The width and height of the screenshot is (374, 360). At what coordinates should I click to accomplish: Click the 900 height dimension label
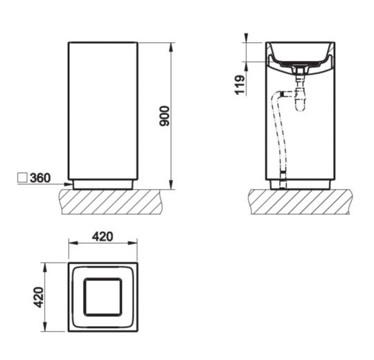[x=164, y=115]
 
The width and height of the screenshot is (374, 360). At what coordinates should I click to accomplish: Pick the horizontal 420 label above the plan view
[x=102, y=237]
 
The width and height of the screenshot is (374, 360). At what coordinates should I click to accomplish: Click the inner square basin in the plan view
[x=103, y=296]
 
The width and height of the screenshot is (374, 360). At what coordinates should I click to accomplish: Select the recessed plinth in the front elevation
[x=103, y=184]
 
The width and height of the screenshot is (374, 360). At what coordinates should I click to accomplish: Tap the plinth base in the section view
[x=299, y=184]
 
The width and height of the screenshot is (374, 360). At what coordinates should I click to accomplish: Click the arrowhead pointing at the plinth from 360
[x=69, y=184]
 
